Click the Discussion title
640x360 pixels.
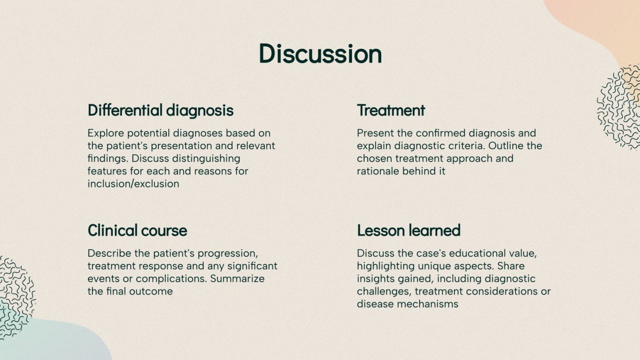pos(320,54)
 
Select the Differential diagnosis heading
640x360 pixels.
pos(160,110)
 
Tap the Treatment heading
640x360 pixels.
pos(391,110)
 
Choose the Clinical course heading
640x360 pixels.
pos(137,230)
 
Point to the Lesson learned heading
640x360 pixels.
pos(408,230)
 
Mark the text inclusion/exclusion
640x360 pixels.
pos(133,184)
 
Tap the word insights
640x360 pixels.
pos(375,278)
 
